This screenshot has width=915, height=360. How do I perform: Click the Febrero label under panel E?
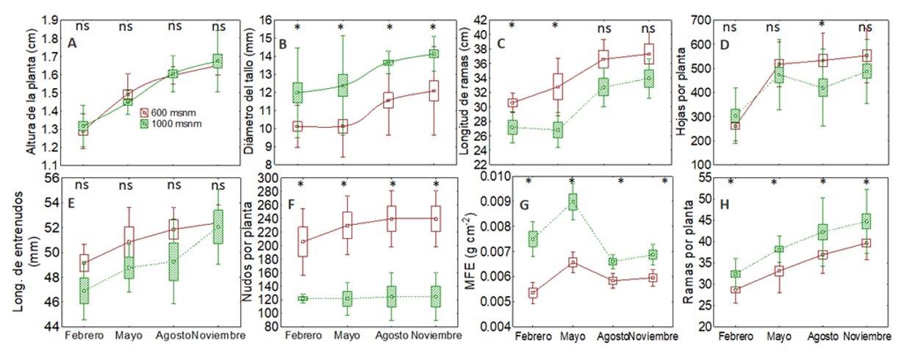(84, 336)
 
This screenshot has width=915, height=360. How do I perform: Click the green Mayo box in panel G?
(573, 202)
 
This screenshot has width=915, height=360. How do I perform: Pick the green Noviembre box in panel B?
(434, 54)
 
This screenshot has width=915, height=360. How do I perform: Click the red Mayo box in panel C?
(558, 86)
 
